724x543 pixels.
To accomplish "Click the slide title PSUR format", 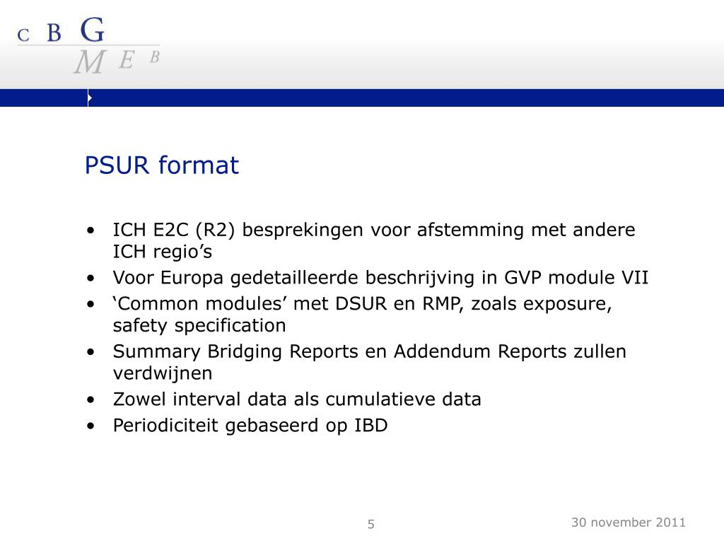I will coord(162,166).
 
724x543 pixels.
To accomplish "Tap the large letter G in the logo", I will coord(93,30).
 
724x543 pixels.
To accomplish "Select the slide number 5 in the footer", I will coord(371,524).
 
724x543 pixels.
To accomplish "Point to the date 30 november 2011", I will coord(629,522).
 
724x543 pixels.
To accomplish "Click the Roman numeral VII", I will coord(633,277).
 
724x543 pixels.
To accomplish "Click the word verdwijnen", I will coord(163,373).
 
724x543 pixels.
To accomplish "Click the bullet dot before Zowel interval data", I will coord(91,399).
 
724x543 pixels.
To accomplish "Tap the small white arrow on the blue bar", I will coord(90,98).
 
